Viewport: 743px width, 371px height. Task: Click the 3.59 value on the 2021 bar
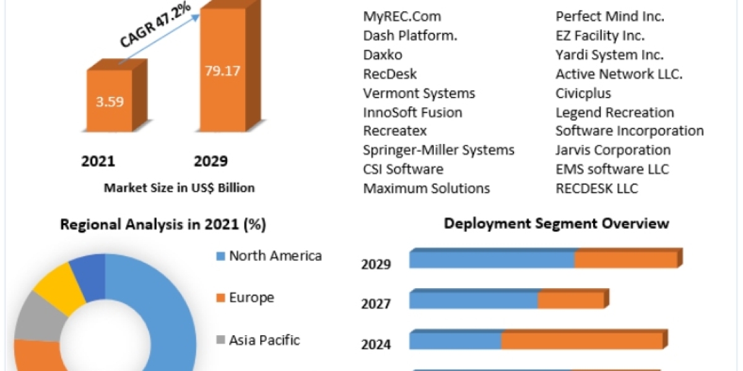(109, 101)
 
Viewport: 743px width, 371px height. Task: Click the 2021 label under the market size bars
(98, 162)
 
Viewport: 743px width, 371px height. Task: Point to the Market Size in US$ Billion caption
(179, 188)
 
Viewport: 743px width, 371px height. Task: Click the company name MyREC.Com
(402, 17)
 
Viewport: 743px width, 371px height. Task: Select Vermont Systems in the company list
(419, 93)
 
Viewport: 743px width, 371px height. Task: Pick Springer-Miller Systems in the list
(438, 150)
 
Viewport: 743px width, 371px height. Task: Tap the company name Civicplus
(583, 93)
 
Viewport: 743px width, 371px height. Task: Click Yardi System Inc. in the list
(609, 55)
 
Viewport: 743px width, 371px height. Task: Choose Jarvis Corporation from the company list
(613, 150)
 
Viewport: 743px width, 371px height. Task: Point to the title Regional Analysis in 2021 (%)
(163, 225)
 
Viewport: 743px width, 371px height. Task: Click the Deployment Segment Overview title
(556, 224)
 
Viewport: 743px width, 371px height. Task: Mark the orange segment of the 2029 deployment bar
(625, 260)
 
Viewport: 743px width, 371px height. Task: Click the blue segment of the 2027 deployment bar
(474, 301)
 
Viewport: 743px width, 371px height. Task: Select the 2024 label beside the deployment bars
(376, 344)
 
